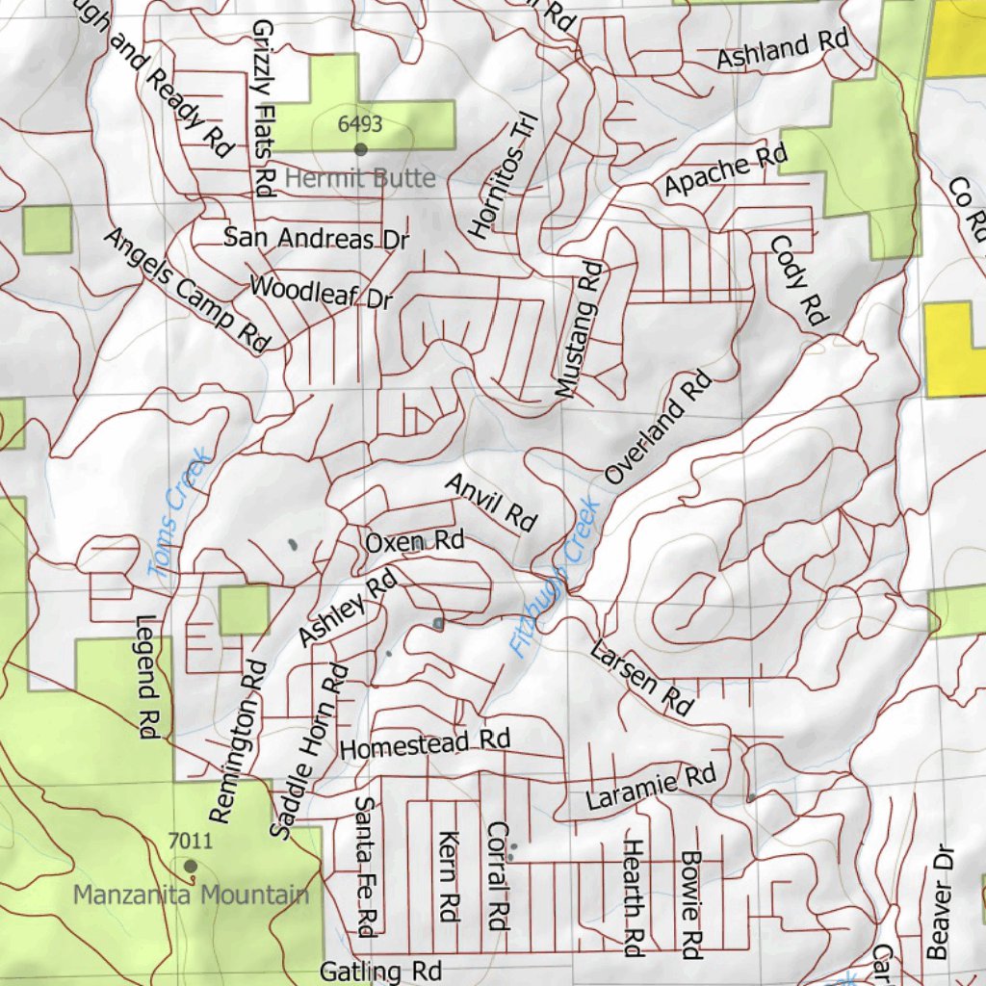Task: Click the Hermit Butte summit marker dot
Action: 361,149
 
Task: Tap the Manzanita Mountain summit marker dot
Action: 191,867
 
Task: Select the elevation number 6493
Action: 361,124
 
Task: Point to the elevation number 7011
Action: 190,842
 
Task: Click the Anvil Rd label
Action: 490,502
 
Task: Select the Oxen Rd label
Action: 414,542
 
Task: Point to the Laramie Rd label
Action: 651,787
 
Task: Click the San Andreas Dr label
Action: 317,238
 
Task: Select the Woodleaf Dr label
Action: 322,292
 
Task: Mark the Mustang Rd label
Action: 579,329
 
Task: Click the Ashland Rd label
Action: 782,48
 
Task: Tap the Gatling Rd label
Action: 380,971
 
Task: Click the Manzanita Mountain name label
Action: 192,895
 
